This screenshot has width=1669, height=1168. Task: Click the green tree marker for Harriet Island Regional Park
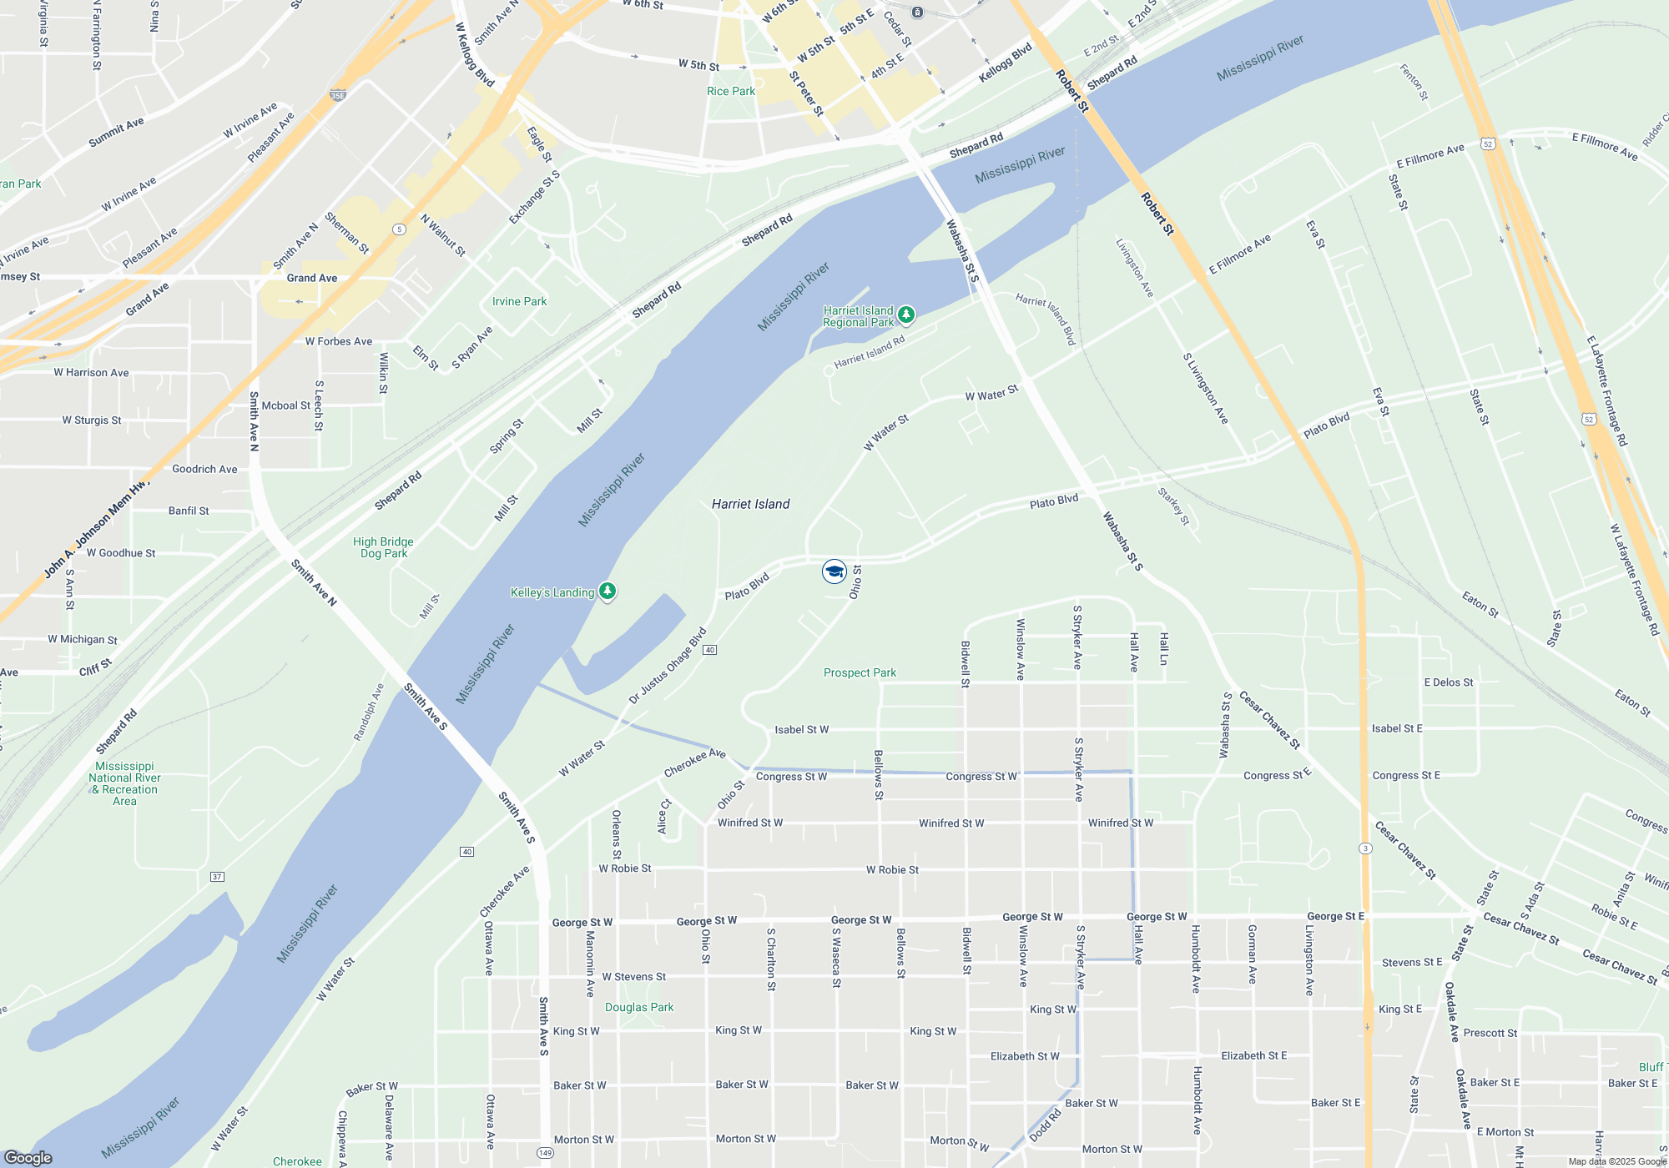click(x=906, y=315)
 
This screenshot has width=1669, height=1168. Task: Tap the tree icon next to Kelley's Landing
click(x=608, y=592)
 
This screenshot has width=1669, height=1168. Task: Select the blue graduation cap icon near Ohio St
click(x=834, y=571)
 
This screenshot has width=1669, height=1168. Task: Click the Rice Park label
click(x=730, y=91)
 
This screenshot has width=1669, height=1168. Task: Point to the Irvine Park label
click(x=519, y=301)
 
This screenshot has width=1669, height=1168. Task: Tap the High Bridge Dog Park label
click(x=383, y=547)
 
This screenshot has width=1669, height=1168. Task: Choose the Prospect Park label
click(x=860, y=672)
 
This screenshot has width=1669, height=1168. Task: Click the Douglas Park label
click(x=639, y=1007)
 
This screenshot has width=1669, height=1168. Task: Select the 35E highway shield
click(x=338, y=95)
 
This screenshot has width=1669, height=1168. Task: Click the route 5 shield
click(x=400, y=229)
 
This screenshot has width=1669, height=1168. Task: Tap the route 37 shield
click(x=217, y=877)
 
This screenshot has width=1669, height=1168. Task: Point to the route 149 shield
click(x=545, y=1153)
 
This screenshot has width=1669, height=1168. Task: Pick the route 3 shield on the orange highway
click(x=1365, y=848)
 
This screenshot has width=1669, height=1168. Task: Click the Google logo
click(x=28, y=1157)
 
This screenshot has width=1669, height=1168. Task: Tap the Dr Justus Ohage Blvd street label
click(x=668, y=665)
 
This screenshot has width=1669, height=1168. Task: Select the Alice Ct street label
click(x=664, y=816)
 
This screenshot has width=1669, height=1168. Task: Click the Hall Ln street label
click(x=1163, y=648)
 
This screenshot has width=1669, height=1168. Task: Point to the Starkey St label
click(x=1174, y=506)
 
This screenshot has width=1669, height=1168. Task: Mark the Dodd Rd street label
click(x=1045, y=1125)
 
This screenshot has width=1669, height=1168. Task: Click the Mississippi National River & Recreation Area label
click(x=124, y=783)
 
